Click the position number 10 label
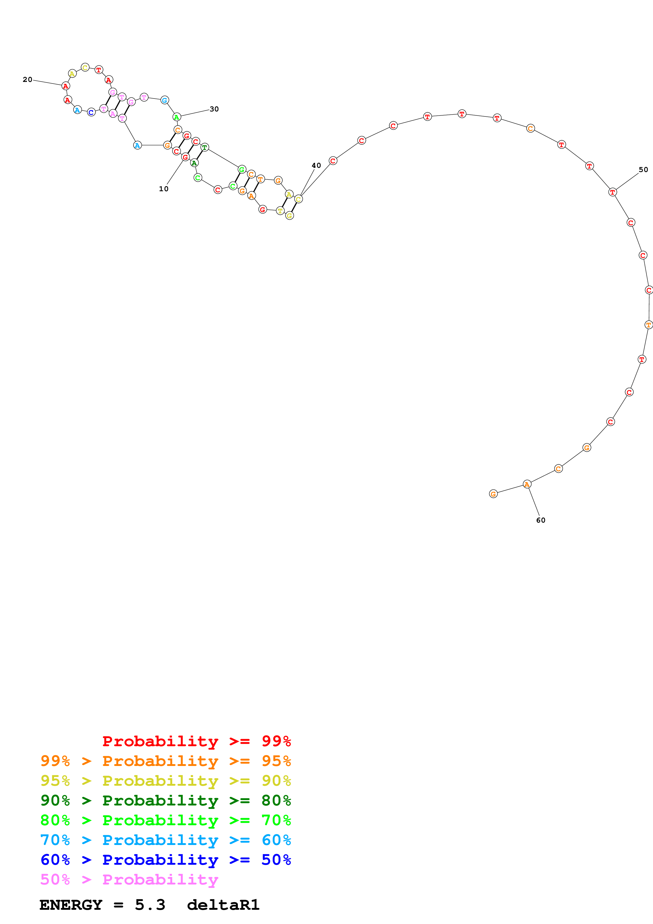[163, 189]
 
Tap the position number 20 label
[27, 80]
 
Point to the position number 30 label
[214, 109]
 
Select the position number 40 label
[316, 165]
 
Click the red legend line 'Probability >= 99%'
[196, 741]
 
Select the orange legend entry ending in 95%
[165, 761]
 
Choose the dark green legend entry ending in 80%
[165, 800]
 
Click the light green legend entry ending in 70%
[165, 820]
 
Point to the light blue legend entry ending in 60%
[165, 840]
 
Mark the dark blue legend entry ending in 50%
[165, 860]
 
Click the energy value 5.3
[150, 905]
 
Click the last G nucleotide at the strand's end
[493, 494]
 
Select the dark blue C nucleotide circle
[91, 112]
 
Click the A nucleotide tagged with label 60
[527, 484]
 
